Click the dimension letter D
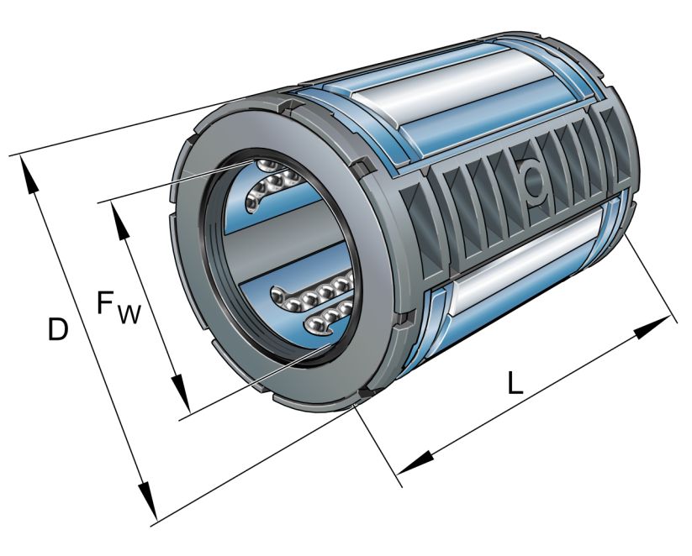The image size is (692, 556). pyautogui.click(x=57, y=329)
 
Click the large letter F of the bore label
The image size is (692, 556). pyautogui.click(x=107, y=302)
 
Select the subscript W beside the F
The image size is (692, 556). pyautogui.click(x=129, y=314)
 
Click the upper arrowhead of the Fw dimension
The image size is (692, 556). pyautogui.click(x=119, y=217)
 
